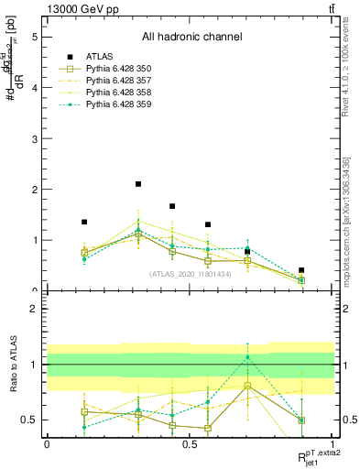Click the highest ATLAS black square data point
[x=138, y=184]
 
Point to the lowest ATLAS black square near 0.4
[x=301, y=270]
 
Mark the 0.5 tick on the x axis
[x=190, y=444]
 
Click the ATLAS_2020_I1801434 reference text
[x=190, y=274]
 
